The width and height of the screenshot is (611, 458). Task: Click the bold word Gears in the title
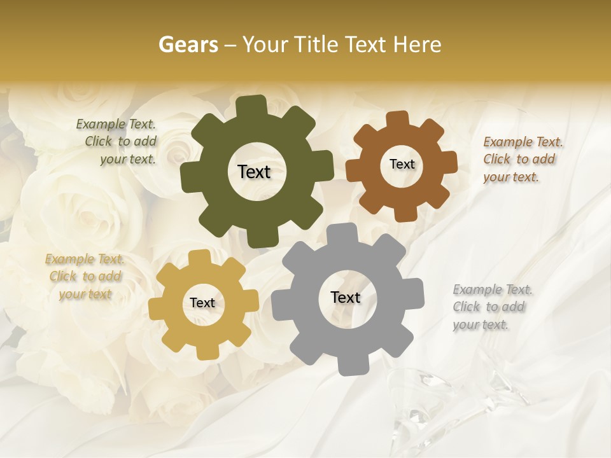(188, 45)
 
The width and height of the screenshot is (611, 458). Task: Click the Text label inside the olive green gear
(254, 172)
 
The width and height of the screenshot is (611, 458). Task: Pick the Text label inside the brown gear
(402, 164)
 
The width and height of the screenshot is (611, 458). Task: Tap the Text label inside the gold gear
(202, 303)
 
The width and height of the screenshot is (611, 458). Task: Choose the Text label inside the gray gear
(346, 297)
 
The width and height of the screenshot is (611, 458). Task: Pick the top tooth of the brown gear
(397, 119)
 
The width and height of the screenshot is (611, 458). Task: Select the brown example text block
(522, 159)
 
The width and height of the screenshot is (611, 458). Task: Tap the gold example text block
(85, 276)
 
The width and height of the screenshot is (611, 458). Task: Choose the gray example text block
(491, 307)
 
